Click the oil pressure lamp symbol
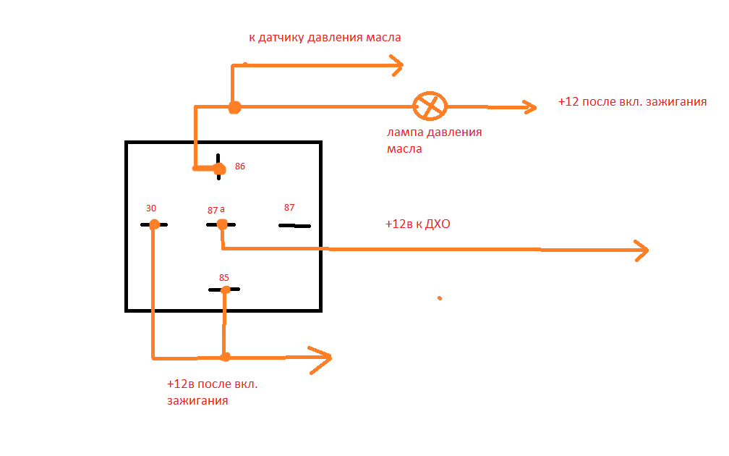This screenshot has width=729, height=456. click(430, 106)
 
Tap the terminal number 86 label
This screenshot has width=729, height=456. click(240, 166)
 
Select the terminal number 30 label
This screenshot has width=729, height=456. click(151, 208)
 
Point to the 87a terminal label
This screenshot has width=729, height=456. click(216, 210)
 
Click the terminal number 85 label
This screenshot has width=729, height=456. click(224, 277)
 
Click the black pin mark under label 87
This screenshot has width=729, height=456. click(294, 226)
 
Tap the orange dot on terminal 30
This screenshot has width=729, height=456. click(154, 224)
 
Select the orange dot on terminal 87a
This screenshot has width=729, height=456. click(222, 224)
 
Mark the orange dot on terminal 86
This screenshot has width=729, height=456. click(219, 169)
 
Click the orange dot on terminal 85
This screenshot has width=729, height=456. click(226, 290)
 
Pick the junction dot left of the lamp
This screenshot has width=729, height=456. click(234, 107)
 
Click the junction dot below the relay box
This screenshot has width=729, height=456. click(225, 357)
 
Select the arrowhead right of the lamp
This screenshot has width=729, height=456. click(530, 107)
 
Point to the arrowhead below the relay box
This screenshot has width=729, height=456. click(324, 358)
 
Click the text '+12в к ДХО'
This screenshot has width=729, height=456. click(418, 224)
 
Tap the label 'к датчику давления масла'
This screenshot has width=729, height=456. click(324, 37)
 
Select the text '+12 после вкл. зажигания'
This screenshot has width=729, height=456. click(632, 102)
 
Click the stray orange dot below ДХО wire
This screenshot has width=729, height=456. click(439, 297)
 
